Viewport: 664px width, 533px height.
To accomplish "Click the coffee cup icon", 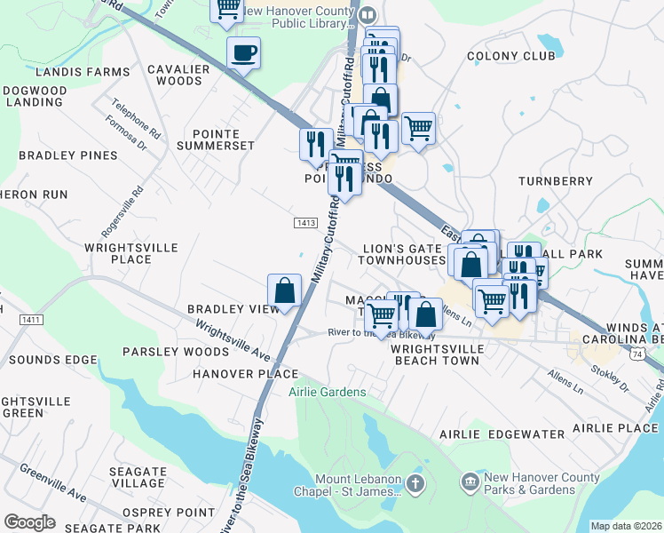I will pyautogui.click(x=243, y=53).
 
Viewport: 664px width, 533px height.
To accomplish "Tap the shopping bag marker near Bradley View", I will pyautogui.click(x=284, y=290).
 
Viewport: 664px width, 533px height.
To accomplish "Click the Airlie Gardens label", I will pyautogui.click(x=327, y=392).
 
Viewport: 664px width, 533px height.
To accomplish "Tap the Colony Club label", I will pyautogui.click(x=510, y=56).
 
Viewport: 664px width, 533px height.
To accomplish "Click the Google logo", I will pyautogui.click(x=29, y=522).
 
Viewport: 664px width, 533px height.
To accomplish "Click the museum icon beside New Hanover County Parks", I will pyautogui.click(x=470, y=482).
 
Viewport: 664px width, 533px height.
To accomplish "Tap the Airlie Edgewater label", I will pyautogui.click(x=502, y=434).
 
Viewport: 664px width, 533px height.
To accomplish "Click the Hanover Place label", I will pyautogui.click(x=247, y=374).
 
